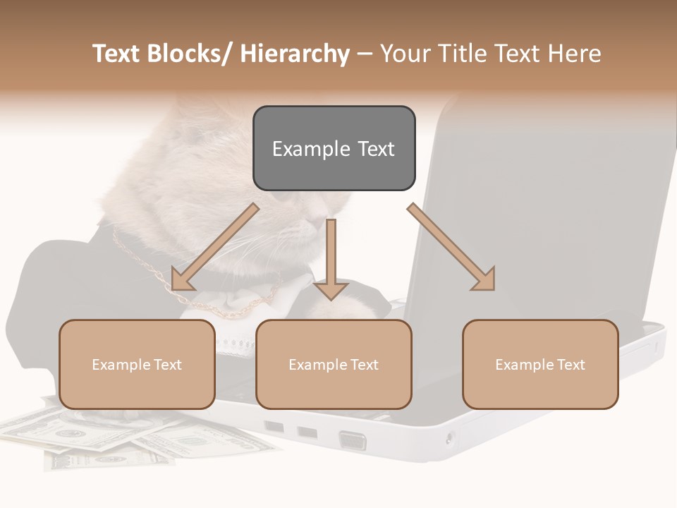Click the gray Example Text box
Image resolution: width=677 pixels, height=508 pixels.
click(334, 148)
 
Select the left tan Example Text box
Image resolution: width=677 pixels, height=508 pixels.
click(137, 364)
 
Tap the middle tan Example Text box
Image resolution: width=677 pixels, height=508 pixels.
click(334, 364)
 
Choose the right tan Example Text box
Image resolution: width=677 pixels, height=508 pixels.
click(540, 364)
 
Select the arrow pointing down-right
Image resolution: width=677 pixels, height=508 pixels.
click(451, 247)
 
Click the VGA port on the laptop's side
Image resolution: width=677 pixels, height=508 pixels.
click(352, 441)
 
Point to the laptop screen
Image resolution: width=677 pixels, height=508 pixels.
click(543, 212)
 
